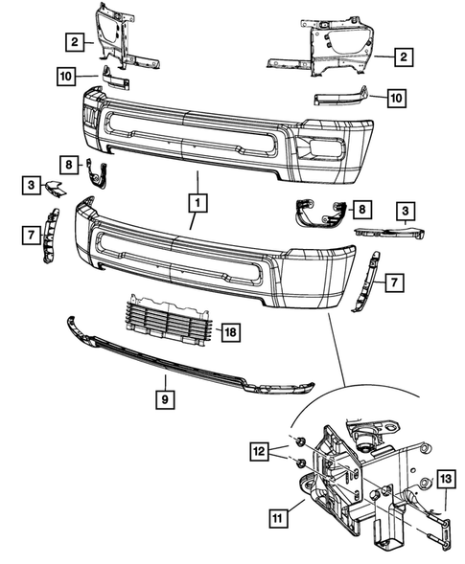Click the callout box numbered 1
click(x=196, y=203)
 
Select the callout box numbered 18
click(x=230, y=332)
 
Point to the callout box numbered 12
click(x=260, y=449)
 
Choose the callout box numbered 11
click(x=278, y=519)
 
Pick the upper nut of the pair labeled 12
click(x=299, y=440)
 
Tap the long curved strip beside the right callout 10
click(x=340, y=97)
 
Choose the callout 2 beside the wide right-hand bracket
click(x=406, y=57)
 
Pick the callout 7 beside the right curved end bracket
click(x=393, y=282)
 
